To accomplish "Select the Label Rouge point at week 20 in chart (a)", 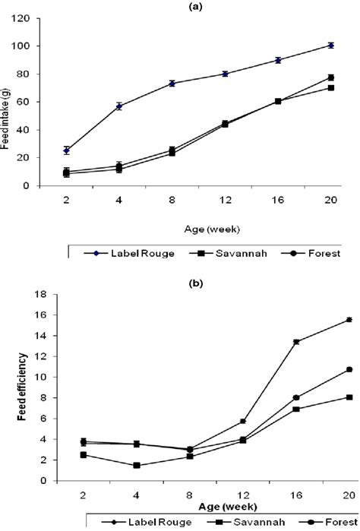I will coord(331,46).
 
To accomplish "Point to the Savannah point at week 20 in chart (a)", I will coord(331,87).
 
